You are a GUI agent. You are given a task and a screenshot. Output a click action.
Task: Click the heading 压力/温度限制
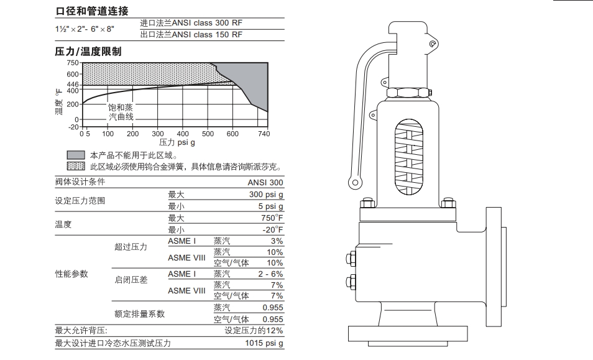click(x=88, y=52)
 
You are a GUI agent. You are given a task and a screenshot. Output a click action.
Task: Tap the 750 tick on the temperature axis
click(x=73, y=63)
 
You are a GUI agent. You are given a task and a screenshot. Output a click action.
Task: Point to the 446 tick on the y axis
click(x=73, y=85)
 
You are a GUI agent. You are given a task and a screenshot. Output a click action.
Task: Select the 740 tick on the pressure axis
click(x=264, y=134)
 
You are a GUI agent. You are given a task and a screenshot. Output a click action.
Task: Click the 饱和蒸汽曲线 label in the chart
click(x=121, y=112)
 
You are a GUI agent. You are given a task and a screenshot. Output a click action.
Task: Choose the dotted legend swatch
click(x=75, y=166)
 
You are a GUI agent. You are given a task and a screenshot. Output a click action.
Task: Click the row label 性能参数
click(x=71, y=274)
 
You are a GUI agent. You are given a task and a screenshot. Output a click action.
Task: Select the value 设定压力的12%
click(x=254, y=331)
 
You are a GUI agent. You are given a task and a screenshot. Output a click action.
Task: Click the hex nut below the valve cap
click(x=408, y=93)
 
